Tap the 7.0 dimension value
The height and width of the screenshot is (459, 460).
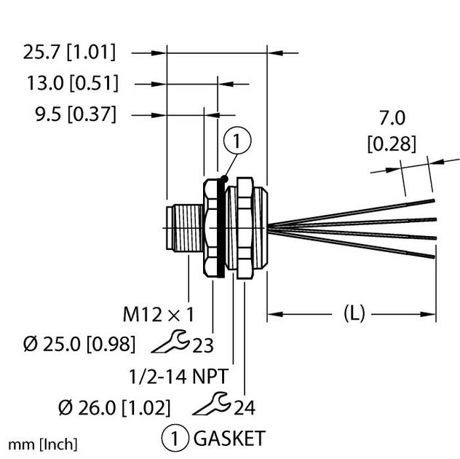[x=392, y=119]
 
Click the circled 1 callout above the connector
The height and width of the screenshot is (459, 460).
[x=238, y=139]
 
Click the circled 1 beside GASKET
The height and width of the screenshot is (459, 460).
[x=173, y=439]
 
